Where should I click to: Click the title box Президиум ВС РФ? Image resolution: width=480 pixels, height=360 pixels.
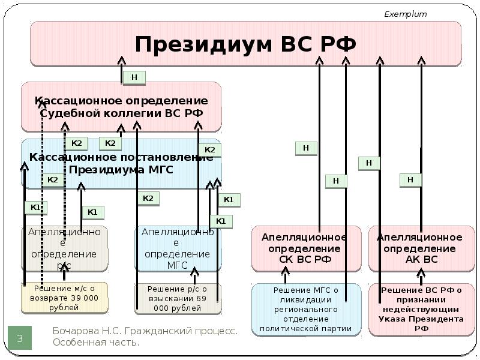(245, 44)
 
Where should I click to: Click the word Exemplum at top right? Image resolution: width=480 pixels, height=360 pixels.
(405, 14)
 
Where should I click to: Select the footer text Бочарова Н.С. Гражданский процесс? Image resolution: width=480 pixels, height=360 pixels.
(145, 331)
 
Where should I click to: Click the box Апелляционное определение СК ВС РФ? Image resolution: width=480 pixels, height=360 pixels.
(306, 248)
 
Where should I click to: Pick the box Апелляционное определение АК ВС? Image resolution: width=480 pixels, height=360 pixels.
(419, 248)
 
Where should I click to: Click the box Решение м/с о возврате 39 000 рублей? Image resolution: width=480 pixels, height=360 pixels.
(65, 298)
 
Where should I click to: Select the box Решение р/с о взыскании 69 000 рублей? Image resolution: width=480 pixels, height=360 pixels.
(178, 298)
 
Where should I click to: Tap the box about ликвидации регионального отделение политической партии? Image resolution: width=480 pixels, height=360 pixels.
(306, 310)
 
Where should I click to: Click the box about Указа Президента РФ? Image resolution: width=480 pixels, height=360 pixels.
(419, 310)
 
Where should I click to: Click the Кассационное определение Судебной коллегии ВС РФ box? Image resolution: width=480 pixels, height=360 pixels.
(121, 107)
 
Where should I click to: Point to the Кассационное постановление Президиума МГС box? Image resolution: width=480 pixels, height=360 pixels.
(121, 163)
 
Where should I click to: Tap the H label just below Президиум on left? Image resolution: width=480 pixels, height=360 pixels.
(134, 77)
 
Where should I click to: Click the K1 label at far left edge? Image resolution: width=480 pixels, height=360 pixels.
(35, 208)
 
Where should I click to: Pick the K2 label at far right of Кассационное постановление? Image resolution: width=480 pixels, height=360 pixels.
(209, 150)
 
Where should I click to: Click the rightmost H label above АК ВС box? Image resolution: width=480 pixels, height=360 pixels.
(410, 179)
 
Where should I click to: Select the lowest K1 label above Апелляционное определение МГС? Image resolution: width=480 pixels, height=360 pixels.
(221, 221)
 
